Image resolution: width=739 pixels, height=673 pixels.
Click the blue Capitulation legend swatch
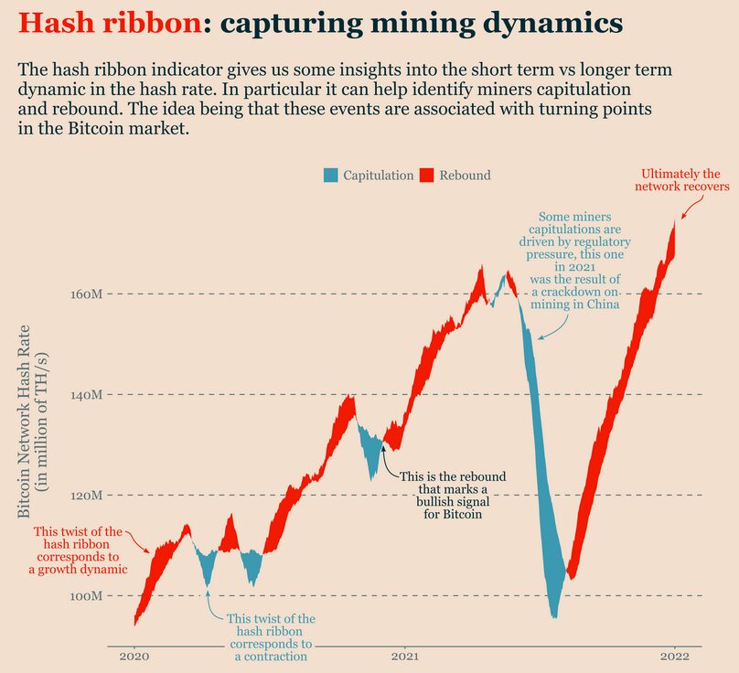point(331,175)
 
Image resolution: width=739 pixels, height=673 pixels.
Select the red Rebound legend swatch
point(427,175)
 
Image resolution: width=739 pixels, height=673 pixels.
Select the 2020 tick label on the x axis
point(134,657)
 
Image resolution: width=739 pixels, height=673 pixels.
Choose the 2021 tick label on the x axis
point(405,657)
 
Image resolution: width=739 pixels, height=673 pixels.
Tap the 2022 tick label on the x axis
point(675,657)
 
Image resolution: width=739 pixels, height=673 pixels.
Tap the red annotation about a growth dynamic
point(78,550)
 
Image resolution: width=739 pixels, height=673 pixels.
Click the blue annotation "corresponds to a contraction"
point(271,637)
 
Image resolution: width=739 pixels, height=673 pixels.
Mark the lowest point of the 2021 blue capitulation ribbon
point(553,616)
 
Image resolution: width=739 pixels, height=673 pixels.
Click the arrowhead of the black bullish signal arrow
point(383,445)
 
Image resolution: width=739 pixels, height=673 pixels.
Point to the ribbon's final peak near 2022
point(677,221)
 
